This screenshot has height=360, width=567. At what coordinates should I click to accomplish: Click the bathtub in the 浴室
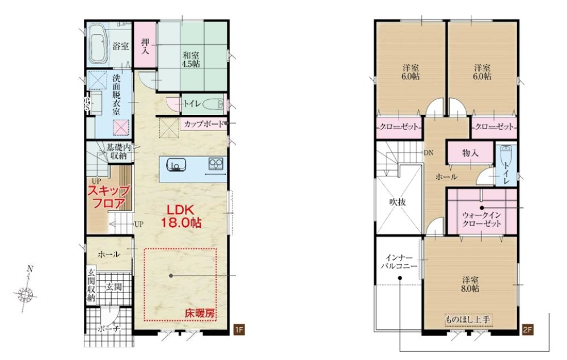pos(98,44)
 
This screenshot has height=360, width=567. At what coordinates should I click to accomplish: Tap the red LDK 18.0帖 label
pos(181,216)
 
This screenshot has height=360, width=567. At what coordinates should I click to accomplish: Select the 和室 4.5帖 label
pos(191,60)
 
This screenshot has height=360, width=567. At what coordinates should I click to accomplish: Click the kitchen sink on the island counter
pos(176,166)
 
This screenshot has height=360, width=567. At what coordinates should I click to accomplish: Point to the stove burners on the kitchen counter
pos(215,164)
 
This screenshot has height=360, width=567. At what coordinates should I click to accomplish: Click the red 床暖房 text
pos(200,314)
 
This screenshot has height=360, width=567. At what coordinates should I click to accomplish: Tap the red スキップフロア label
pos(108,197)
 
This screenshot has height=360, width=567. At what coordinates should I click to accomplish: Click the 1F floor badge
pos(239,329)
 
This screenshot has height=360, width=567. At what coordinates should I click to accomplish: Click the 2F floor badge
pos(527,329)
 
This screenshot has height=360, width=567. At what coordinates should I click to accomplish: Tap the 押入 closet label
pos(145,46)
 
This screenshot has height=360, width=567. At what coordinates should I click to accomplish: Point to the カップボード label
pos(203,124)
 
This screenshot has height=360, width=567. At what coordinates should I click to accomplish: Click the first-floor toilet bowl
pos(213,104)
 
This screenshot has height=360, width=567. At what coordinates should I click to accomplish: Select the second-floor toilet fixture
pos(506,155)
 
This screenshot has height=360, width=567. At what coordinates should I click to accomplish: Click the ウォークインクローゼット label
pos(482,219)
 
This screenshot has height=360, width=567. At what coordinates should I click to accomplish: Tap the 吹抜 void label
pos(398,202)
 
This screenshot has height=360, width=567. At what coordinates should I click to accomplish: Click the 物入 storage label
pos(470,153)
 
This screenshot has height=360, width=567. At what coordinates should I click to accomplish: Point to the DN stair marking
pos(429,153)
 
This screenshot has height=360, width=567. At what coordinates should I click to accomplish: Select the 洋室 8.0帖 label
pos(471,284)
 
